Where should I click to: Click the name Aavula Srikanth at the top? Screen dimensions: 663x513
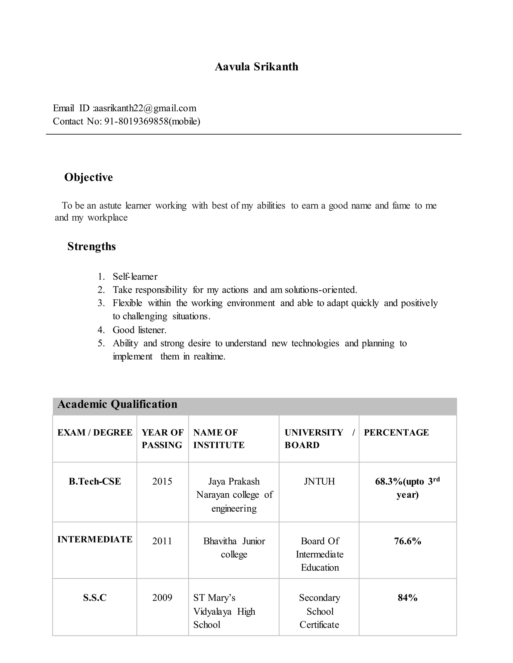(x=256, y=67)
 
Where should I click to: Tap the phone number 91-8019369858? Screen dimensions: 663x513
(x=137, y=121)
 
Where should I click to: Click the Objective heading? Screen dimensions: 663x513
(x=88, y=177)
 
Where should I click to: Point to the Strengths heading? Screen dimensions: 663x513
(x=91, y=246)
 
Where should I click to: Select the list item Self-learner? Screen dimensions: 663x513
(x=135, y=276)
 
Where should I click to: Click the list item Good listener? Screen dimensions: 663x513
(x=140, y=330)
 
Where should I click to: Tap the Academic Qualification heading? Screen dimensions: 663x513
(x=117, y=404)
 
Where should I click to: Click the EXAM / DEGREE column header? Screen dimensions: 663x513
(x=95, y=432)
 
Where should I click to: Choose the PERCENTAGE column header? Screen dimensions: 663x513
(x=396, y=432)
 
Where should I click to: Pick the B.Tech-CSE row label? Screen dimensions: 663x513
(x=95, y=481)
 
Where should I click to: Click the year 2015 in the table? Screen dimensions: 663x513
(x=162, y=481)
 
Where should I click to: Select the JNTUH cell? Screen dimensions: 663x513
(x=319, y=481)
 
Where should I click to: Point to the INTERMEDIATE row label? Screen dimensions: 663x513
(x=95, y=539)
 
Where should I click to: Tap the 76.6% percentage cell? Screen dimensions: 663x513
(x=408, y=541)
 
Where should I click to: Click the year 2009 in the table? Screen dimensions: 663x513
(x=162, y=597)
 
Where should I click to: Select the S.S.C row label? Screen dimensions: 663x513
(x=95, y=598)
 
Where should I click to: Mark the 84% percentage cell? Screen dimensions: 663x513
(x=408, y=598)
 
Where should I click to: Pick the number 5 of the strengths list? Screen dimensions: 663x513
(x=101, y=343)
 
